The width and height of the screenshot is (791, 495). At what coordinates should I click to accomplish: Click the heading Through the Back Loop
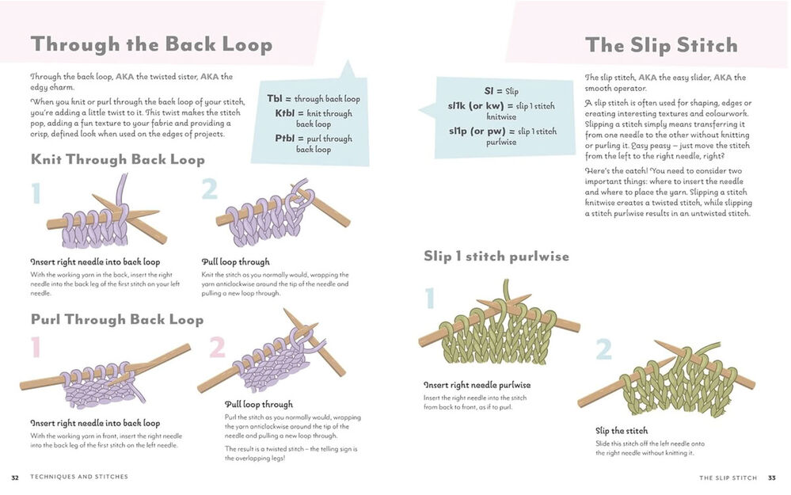pyautogui.click(x=151, y=44)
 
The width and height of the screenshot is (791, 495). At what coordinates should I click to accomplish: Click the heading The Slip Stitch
pyautogui.click(x=661, y=45)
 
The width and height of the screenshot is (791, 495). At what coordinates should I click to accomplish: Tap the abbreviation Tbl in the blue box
pyautogui.click(x=275, y=98)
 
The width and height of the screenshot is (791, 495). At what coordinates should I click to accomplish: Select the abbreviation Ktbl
pyautogui.click(x=285, y=113)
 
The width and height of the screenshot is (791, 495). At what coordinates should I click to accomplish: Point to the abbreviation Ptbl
pyautogui.click(x=285, y=139)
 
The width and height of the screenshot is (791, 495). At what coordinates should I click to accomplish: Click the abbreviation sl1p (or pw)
pyautogui.click(x=477, y=131)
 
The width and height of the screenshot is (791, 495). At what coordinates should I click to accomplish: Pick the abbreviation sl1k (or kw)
pyautogui.click(x=476, y=106)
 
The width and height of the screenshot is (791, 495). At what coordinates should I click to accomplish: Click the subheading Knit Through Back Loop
pyautogui.click(x=118, y=159)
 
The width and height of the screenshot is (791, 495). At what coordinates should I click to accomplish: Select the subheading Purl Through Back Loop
pyautogui.click(x=117, y=319)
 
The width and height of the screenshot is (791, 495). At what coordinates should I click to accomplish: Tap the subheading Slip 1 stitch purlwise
pyautogui.click(x=496, y=257)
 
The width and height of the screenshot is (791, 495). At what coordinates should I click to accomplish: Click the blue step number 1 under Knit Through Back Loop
pyautogui.click(x=36, y=192)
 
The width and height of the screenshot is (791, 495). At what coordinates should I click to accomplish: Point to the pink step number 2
pyautogui.click(x=218, y=347)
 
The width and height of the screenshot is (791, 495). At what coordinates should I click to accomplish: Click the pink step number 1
pyautogui.click(x=36, y=347)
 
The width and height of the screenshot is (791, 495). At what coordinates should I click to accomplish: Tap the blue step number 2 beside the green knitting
pyautogui.click(x=603, y=348)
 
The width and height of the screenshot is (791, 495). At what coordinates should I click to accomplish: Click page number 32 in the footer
pyautogui.click(x=15, y=478)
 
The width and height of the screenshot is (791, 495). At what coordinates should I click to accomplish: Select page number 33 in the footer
pyautogui.click(x=772, y=478)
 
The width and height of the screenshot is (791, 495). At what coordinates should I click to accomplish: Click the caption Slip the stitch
pyautogui.click(x=622, y=430)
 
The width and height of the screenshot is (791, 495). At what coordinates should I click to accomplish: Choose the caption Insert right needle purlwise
pyautogui.click(x=477, y=385)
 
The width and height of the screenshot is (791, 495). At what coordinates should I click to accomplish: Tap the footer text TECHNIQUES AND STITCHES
pyautogui.click(x=79, y=477)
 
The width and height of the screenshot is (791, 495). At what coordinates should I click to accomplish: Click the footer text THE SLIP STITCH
pyautogui.click(x=728, y=478)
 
